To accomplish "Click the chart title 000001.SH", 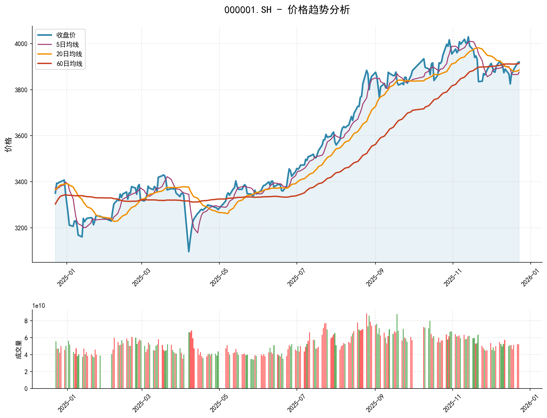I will point(287,10).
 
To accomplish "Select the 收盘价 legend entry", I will point(66,35).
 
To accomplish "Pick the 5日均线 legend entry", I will point(67,45).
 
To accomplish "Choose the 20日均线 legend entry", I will point(69,54).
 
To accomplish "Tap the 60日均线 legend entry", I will point(69,64).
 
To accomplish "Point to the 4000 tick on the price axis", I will point(21,44).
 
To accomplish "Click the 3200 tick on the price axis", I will point(21,228).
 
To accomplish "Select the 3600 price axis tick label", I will point(21,136).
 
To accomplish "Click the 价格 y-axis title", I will point(9,144).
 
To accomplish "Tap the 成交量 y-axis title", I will point(18,349).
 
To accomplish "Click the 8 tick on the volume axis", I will point(26,321).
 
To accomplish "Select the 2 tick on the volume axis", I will point(26,372).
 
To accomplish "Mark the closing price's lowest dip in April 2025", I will point(189,251).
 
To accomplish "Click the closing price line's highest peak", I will point(468,37).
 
